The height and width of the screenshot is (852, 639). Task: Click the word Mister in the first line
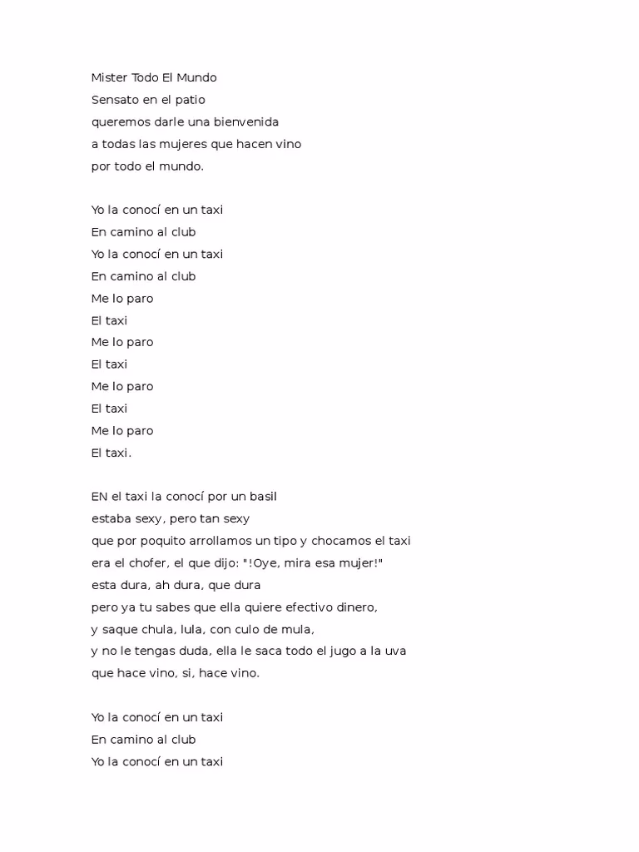pos(109,77)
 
